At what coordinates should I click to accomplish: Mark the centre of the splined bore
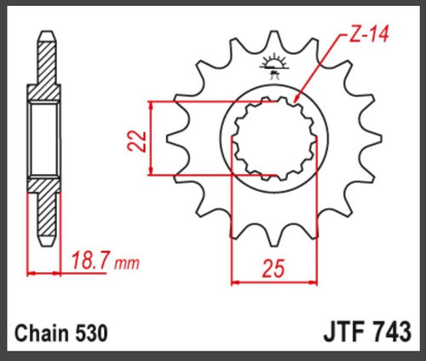point(275,139)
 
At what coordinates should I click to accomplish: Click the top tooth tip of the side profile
point(46,38)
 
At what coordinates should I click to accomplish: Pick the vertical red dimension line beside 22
point(151,139)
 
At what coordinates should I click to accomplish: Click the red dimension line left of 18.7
point(44,273)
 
